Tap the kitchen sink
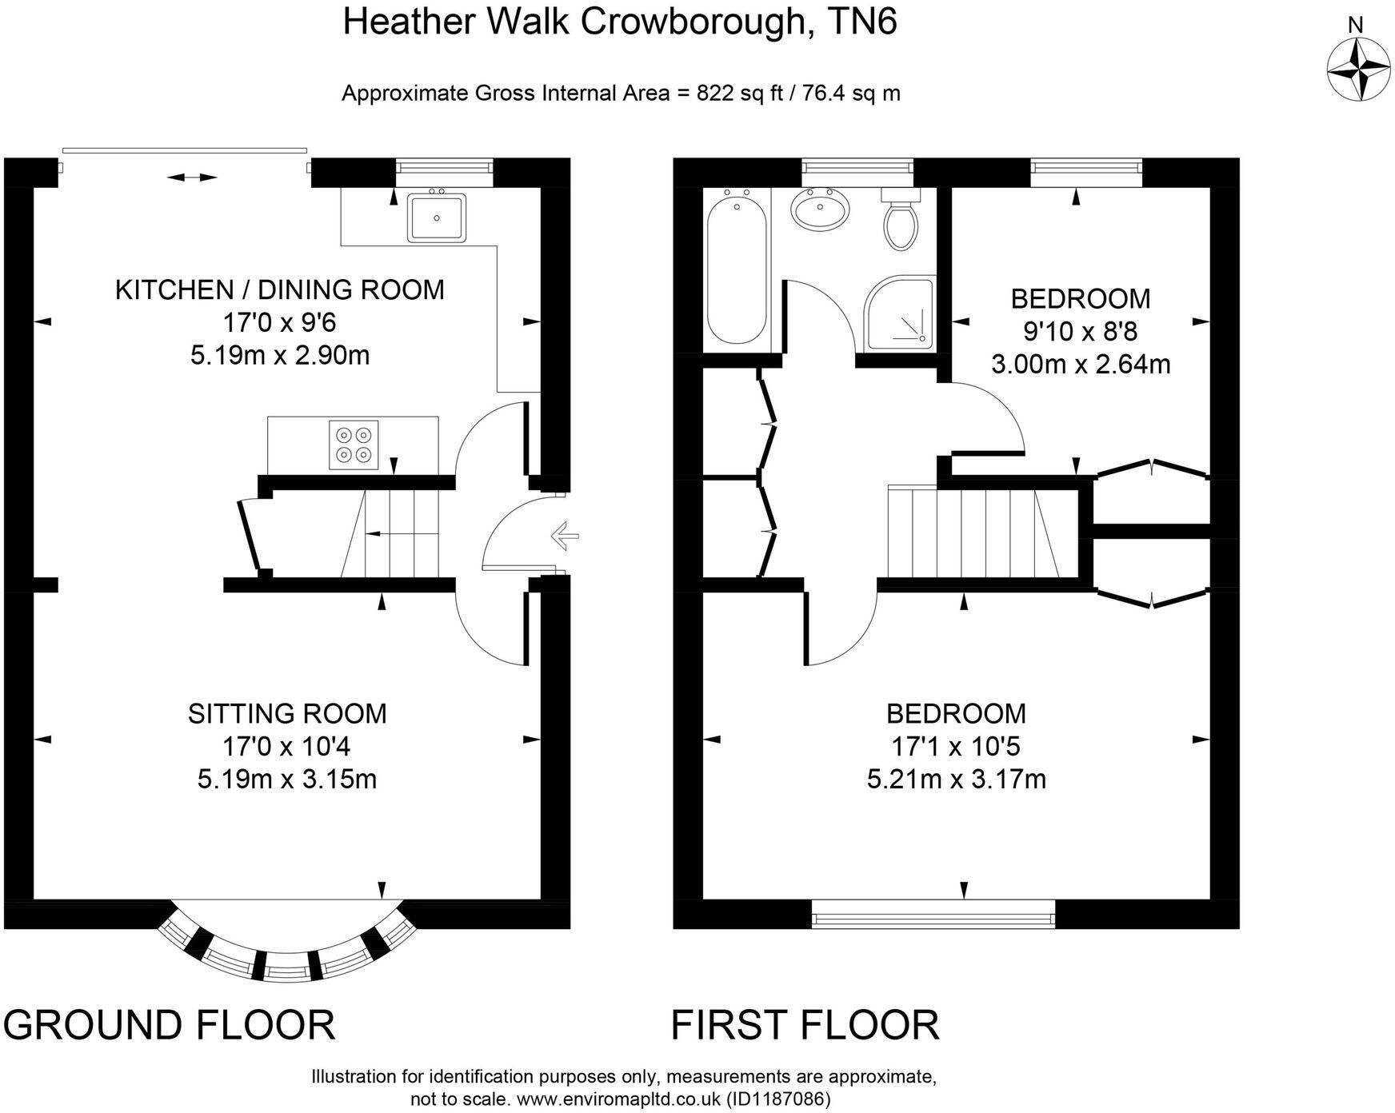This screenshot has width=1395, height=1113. (437, 216)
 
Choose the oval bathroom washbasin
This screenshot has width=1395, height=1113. (818, 209)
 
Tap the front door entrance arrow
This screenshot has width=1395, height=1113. (565, 535)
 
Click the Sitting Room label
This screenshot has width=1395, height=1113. (287, 712)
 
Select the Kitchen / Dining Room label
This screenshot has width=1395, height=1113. (280, 289)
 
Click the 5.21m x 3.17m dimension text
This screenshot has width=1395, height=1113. (956, 778)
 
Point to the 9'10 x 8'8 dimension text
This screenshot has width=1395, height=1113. (1081, 331)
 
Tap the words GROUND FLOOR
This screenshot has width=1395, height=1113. (170, 1024)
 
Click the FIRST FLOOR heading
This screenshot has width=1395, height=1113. (805, 1024)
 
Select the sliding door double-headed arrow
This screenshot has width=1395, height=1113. (193, 177)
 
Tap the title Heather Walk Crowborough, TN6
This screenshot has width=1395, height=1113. (619, 22)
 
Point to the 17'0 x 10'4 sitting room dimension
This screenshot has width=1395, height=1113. (286, 746)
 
